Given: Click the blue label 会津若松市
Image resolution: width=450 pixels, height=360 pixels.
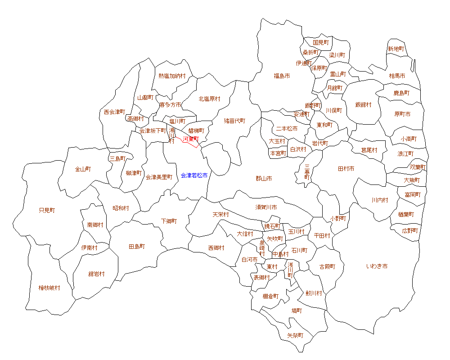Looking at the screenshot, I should click(x=194, y=175).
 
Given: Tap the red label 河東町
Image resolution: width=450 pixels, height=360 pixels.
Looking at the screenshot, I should click(x=190, y=139).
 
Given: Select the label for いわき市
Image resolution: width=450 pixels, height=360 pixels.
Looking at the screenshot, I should click(x=377, y=266).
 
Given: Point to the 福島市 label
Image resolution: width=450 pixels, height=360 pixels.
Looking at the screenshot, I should click(x=282, y=76).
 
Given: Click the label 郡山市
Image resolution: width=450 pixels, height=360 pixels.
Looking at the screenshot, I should click(x=264, y=179).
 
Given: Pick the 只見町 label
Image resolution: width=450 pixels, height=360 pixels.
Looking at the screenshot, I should click(x=47, y=210).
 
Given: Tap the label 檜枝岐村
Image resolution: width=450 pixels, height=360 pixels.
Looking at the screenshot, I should click(x=49, y=288).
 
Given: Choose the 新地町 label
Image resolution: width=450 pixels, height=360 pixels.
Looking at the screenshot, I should click(x=396, y=49).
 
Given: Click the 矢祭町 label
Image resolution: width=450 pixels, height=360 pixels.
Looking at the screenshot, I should click(x=295, y=336).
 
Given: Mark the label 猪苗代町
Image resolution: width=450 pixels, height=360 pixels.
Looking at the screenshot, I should click(x=235, y=121).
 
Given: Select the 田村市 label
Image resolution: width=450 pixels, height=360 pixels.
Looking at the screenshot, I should click(x=346, y=169).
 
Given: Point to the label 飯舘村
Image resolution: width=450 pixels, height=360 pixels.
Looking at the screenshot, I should click(x=363, y=105).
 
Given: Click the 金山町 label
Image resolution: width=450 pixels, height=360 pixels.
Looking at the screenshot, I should click(x=83, y=169).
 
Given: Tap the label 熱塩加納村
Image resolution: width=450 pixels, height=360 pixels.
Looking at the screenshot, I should click(x=172, y=76).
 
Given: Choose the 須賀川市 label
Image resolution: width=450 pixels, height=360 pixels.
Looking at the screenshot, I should click(x=266, y=207).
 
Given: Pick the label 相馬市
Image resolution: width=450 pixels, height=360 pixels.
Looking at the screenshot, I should click(x=397, y=76).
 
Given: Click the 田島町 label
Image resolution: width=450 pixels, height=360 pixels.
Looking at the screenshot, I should click(x=137, y=247).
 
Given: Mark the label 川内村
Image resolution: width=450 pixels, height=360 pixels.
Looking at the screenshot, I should click(x=380, y=200).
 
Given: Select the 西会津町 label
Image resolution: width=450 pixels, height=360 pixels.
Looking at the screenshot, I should click(x=114, y=112).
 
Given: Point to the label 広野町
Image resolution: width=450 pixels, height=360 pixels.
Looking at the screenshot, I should click(x=410, y=230).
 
